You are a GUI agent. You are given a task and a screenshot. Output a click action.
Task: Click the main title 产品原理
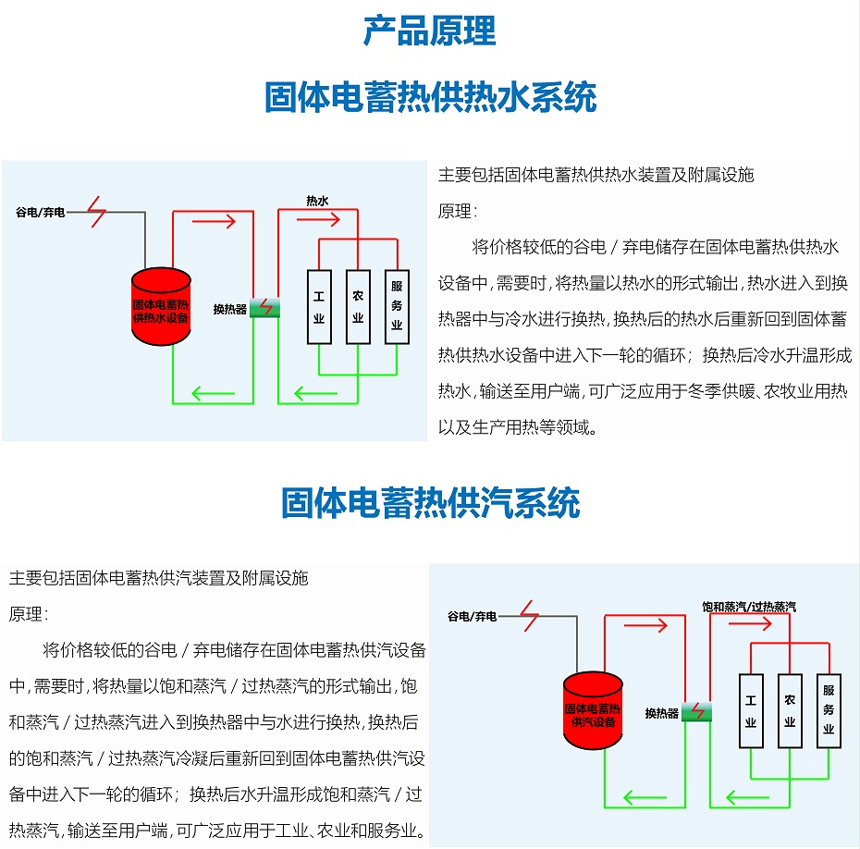point(429,31)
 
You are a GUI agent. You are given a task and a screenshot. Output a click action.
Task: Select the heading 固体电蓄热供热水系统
point(430,97)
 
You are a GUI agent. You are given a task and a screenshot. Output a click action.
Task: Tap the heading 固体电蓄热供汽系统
point(430,503)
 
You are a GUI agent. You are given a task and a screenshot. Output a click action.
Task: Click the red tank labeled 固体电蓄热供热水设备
point(160,306)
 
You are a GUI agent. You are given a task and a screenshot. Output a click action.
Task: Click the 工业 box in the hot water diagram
point(319,307)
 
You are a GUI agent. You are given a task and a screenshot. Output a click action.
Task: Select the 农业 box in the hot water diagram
point(357,307)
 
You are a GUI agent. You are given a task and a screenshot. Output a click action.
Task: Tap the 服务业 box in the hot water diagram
point(397,307)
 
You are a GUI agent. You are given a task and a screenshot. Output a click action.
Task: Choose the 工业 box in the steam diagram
point(751,710)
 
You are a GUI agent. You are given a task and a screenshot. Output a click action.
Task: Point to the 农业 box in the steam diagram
point(790,710)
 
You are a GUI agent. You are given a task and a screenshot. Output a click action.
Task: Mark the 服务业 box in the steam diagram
point(829,710)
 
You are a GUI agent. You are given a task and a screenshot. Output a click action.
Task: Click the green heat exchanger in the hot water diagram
point(264,308)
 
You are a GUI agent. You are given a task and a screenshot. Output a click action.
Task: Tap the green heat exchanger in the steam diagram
point(696,712)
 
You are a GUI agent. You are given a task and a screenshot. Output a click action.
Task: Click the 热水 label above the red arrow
point(317,200)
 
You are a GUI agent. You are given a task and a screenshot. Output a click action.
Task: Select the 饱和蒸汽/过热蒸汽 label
point(748,607)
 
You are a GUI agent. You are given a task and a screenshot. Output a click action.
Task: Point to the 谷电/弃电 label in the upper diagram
point(41,213)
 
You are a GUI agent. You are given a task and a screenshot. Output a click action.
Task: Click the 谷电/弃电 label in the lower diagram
point(473,616)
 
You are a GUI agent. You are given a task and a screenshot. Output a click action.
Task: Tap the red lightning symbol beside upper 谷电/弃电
point(97,212)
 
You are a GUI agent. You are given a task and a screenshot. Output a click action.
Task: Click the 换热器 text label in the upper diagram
point(230,309)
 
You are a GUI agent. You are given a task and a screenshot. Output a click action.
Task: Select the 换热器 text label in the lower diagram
point(662,713)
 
